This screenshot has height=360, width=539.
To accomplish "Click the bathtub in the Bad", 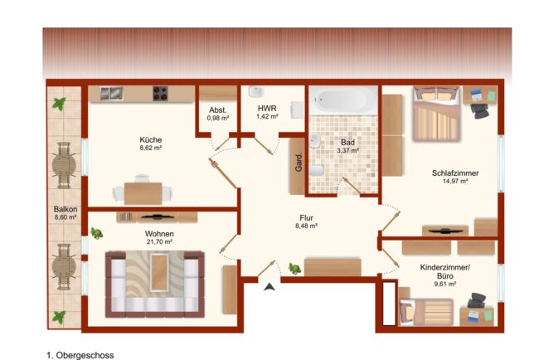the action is tap(344, 100).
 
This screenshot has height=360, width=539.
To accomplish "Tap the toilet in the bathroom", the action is tap(317, 171).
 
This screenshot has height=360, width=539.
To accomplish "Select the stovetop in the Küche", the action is tap(160, 94).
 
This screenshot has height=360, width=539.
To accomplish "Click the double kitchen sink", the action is tap(111, 94).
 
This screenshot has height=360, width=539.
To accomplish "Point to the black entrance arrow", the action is tap(269, 286).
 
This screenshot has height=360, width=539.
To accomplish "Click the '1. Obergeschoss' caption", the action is tap(80, 355).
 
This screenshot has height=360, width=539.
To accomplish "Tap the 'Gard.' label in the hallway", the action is tap(299, 163).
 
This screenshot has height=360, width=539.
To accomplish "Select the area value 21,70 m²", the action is tap(159, 242).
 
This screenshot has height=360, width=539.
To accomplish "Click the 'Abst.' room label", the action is tap(218, 110).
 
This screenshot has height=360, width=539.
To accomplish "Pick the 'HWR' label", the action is tap(267, 109).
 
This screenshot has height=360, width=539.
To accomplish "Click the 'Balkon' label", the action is tap(66, 209).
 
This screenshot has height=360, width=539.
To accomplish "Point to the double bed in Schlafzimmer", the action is tap(436, 114).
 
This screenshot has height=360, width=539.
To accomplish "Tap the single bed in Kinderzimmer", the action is tap(426, 312).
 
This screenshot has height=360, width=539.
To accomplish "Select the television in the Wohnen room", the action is tap(157, 217).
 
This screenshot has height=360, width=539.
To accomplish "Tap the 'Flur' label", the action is tap(306, 218).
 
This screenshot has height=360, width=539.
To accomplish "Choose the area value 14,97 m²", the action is tap(455, 181).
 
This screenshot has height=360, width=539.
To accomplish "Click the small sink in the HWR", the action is tap(255, 92).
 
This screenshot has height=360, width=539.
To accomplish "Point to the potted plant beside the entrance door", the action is tap(294, 269).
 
